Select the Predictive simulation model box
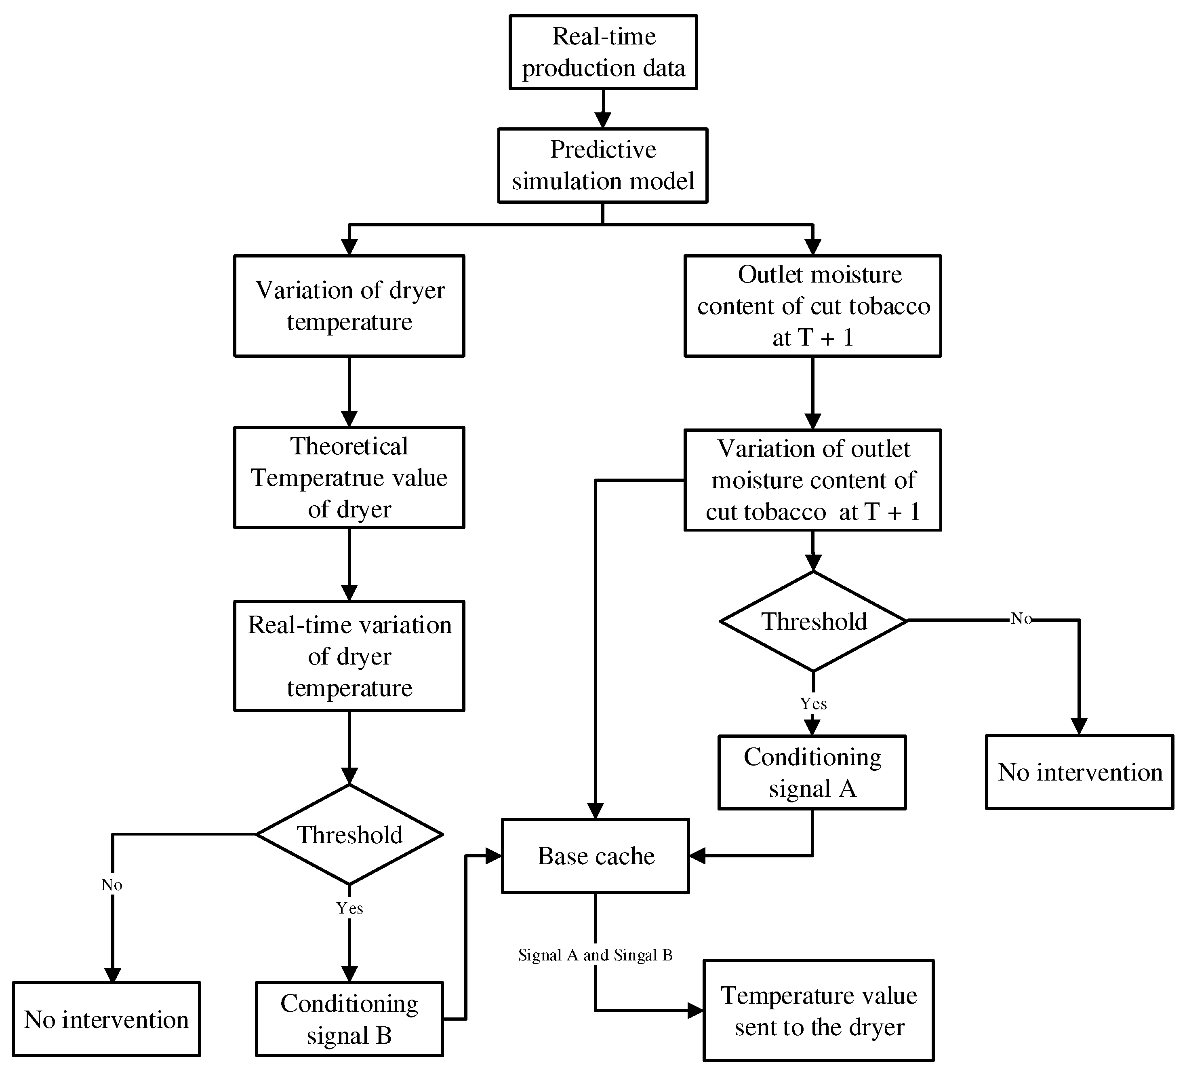click(x=603, y=165)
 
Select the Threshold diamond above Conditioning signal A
click(x=813, y=621)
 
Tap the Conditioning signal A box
click(x=812, y=772)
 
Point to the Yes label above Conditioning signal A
click(x=813, y=704)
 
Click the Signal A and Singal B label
click(x=595, y=955)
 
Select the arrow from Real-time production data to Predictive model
click(x=603, y=109)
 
